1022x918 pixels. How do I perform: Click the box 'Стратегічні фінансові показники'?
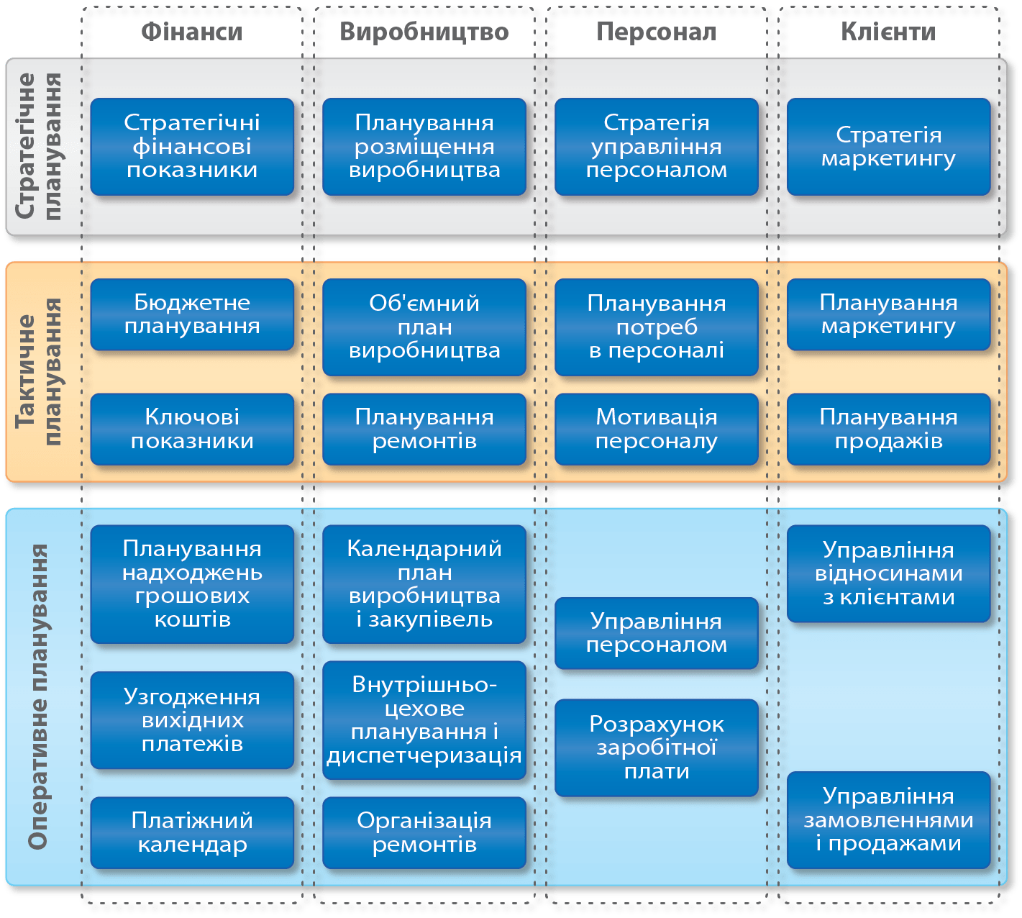click(192, 147)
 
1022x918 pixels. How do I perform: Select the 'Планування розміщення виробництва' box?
click(424, 147)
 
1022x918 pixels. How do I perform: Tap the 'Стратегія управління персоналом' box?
click(657, 147)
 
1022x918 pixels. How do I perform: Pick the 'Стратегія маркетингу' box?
click(889, 147)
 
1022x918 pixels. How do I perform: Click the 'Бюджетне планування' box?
click(192, 314)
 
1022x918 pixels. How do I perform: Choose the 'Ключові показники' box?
click(192, 429)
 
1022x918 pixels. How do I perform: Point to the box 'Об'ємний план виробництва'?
click(424, 327)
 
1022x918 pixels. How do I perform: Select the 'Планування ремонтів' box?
click(424, 429)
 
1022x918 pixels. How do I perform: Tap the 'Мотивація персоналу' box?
click(657, 429)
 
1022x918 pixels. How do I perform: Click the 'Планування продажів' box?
click(889, 429)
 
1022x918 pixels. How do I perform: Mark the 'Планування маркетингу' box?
click(889, 314)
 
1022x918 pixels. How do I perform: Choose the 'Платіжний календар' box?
click(192, 832)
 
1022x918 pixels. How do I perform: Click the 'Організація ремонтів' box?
click(424, 832)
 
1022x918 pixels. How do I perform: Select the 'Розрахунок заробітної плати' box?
click(657, 747)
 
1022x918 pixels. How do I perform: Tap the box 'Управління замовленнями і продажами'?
click(889, 820)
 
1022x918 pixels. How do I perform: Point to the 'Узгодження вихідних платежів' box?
click(192, 720)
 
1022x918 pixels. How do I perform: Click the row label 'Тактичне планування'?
click(39, 372)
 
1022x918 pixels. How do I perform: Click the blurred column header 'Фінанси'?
click(191, 32)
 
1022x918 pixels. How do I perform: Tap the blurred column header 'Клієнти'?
click(888, 32)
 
